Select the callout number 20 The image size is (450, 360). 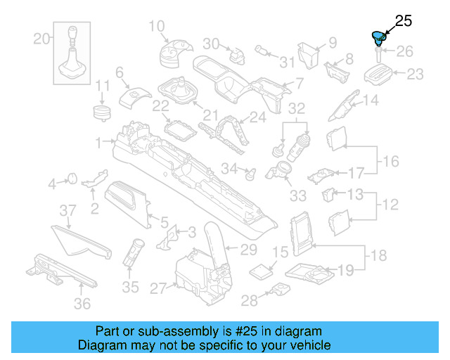[42, 39]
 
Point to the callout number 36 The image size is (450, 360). [83, 303]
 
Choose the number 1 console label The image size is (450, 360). [99, 141]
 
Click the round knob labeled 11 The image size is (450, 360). [103, 111]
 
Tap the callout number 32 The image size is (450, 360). [297, 109]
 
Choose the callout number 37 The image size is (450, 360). [67, 210]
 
